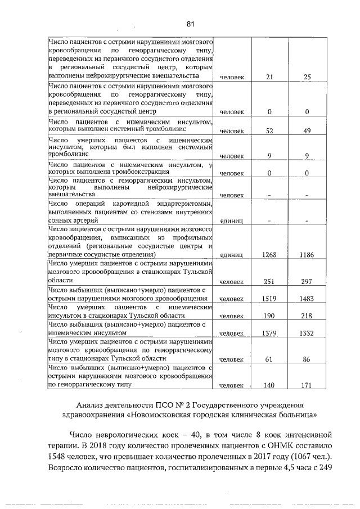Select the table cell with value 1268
(269, 255)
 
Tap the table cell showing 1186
(307, 255)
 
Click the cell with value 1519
(269, 298)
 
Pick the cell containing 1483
(307, 298)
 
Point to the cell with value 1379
(269, 334)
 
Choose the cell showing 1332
(307, 334)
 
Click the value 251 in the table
(269, 281)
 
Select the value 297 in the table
(307, 281)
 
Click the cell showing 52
(269, 131)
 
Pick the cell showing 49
(307, 131)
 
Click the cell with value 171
(307, 386)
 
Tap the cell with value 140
(269, 386)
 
